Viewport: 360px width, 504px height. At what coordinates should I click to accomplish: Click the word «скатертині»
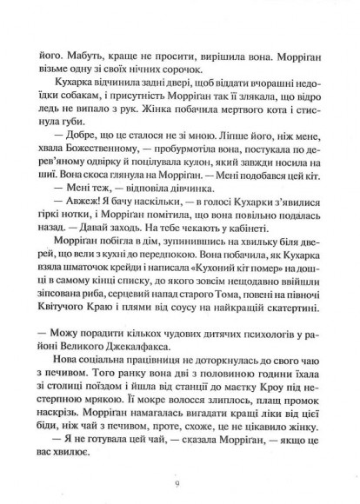coord(289,315)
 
